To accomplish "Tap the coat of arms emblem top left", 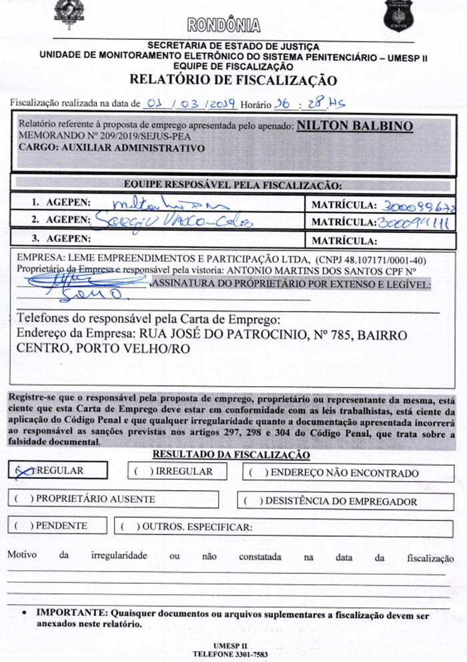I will click(x=65, y=13).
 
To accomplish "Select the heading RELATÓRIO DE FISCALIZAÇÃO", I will click(x=233, y=81).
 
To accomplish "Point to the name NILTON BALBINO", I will click(x=354, y=126).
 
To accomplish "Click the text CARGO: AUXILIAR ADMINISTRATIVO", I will click(x=111, y=149).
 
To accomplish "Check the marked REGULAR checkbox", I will click(x=23, y=470).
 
